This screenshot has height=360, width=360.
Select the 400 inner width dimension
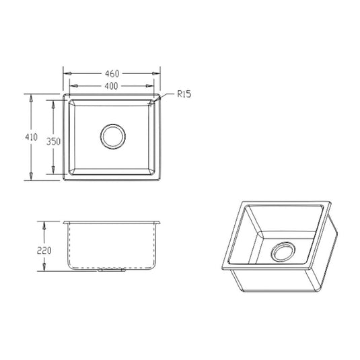coord(112,86)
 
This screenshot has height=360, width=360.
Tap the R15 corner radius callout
coord(184,95)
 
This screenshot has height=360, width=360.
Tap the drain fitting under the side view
coord(112,271)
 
